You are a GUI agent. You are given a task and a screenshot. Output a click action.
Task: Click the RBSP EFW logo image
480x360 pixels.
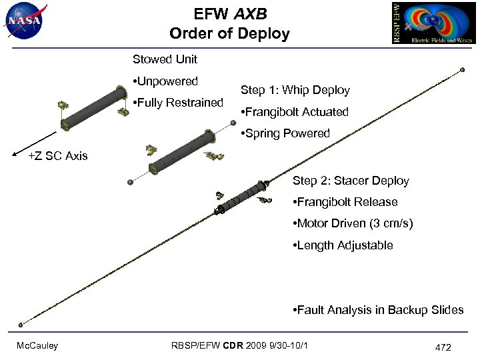coord(433,23)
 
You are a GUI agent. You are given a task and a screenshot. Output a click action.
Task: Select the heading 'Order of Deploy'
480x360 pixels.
coord(229,33)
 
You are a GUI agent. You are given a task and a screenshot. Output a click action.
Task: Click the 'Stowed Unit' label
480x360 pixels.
coord(165,59)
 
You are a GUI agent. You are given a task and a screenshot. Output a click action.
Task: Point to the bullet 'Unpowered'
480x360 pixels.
coord(166,81)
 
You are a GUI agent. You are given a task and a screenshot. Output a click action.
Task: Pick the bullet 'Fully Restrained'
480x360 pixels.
coord(178,103)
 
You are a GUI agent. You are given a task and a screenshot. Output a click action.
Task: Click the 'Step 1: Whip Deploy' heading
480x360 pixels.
coord(295,90)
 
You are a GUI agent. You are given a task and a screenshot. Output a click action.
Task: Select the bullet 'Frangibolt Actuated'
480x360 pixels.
coord(294,112)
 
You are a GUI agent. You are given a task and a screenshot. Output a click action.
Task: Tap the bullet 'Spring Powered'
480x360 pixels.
coord(285,133)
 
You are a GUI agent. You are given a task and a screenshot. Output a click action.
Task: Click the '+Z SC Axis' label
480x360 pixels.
coord(58,156)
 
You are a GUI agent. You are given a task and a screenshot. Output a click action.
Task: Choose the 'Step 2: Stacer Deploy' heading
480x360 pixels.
coord(351,181)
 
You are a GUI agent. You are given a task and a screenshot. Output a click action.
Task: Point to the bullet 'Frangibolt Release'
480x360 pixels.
coord(345,202)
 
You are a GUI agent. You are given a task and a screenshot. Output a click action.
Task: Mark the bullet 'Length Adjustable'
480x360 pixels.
coord(343,245)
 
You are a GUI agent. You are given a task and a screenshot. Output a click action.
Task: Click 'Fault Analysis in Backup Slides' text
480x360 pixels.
coord(378,310)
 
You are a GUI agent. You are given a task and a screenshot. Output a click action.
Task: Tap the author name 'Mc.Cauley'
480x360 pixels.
coord(37,345)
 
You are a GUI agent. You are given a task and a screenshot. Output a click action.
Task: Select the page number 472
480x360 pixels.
coord(443,347)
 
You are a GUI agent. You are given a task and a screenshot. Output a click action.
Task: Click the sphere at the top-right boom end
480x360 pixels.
coord(462,69)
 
